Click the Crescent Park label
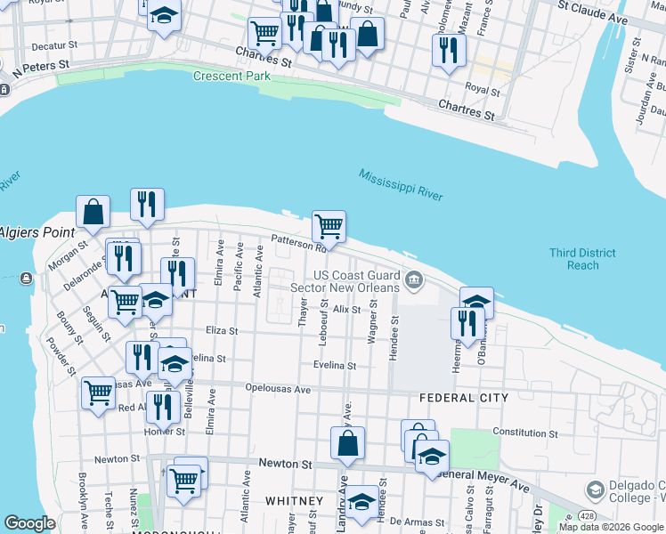(231, 77)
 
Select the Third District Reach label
(582, 259)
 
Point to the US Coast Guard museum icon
(413, 281)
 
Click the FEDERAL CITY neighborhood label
(464, 398)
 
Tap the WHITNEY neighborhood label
(293, 501)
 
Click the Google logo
(29, 523)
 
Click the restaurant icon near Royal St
(449, 50)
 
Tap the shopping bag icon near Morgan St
(93, 213)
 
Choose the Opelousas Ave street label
(278, 390)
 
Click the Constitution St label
(524, 433)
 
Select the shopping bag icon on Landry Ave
(348, 442)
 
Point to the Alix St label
(347, 310)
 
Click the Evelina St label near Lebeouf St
(334, 366)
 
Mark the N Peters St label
(41, 67)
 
